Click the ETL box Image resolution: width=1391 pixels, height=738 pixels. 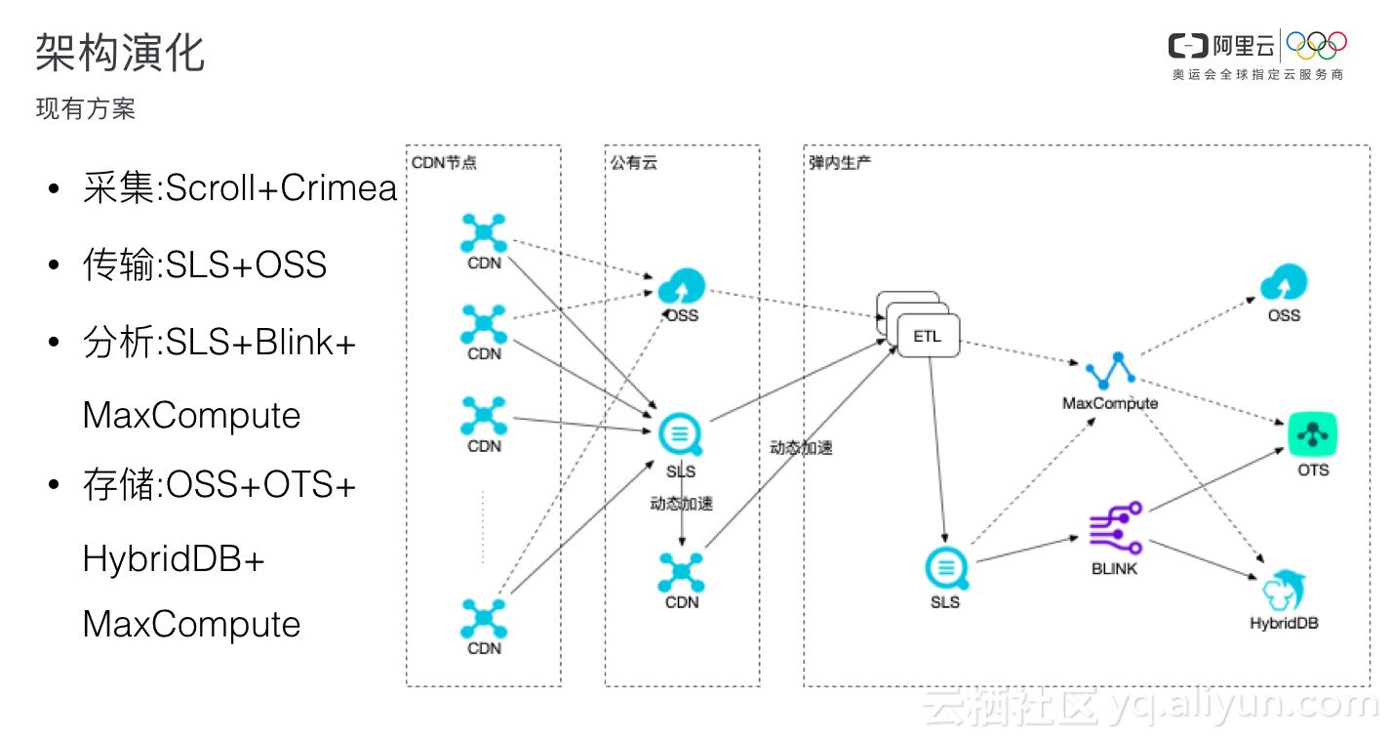tap(927, 337)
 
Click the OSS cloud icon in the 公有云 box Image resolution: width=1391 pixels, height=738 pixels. tap(680, 287)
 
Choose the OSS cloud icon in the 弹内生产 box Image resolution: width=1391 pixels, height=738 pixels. tap(1284, 284)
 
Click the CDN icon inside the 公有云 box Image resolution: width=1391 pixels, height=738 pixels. tap(681, 572)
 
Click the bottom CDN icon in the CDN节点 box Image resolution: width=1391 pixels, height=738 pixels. tap(484, 618)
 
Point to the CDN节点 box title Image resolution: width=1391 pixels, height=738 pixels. tap(444, 163)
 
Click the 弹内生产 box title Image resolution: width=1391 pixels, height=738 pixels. tap(840, 163)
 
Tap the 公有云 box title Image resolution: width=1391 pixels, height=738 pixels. tap(634, 163)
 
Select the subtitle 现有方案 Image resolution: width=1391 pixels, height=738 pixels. tap(86, 109)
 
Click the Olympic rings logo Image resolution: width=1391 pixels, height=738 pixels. tap(1316, 44)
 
